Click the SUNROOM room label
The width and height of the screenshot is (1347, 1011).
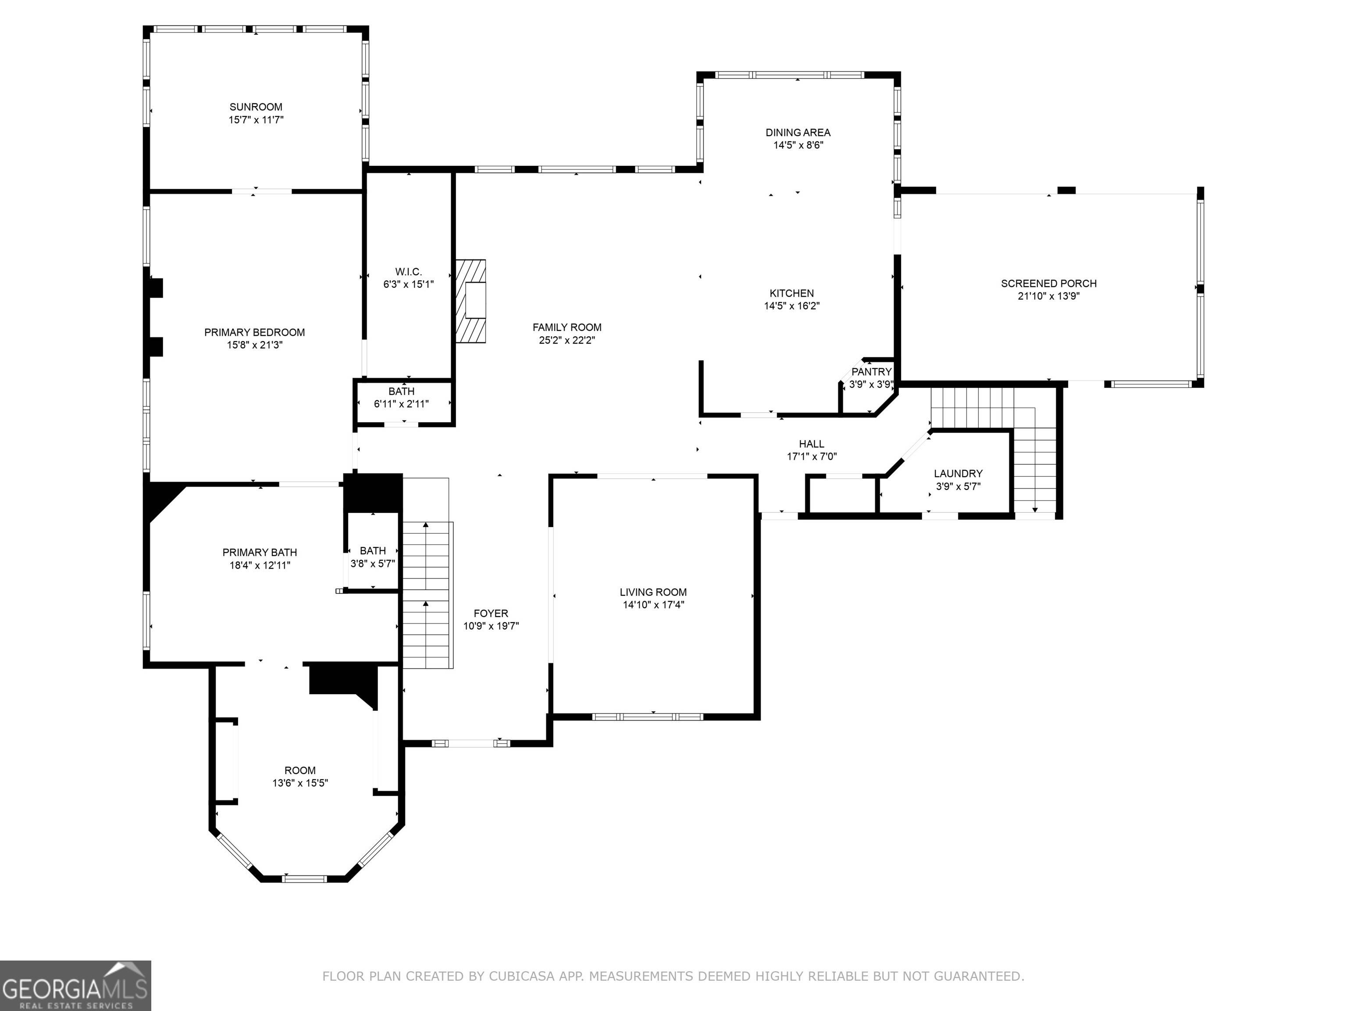tap(256, 107)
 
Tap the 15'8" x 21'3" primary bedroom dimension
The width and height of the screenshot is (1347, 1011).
tap(255, 345)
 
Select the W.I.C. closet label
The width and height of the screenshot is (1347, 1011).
tap(408, 272)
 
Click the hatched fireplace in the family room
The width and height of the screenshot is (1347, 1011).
tap(471, 301)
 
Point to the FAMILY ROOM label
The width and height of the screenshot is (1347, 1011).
tap(567, 328)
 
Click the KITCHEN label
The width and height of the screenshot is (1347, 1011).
tap(791, 294)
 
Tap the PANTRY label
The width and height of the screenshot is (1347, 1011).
tap(871, 372)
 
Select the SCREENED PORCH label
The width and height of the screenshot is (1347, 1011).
tap(1048, 283)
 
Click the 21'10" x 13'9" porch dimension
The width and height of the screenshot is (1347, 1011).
tap(1048, 296)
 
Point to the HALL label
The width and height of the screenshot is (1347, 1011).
tap(812, 444)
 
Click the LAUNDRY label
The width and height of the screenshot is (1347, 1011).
tap(959, 473)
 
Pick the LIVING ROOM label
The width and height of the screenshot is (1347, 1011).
tap(653, 592)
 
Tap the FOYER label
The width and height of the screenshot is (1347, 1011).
tap(491, 614)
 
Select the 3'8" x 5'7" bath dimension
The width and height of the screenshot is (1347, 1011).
tap(373, 564)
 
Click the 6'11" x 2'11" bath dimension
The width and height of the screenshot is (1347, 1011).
tap(401, 404)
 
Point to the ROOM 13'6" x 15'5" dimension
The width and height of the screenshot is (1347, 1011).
tap(300, 783)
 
